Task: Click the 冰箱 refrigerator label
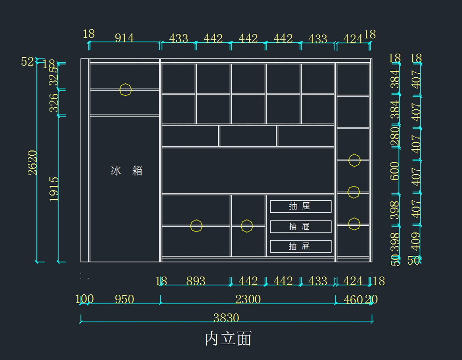tap(127, 170)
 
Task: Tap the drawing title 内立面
tap(228, 338)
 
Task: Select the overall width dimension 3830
tap(226, 318)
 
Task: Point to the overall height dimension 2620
tap(33, 162)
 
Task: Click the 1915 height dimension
tap(54, 189)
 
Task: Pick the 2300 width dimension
tap(248, 299)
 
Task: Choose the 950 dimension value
tap(124, 299)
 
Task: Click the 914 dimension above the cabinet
tap(124, 38)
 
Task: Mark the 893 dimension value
tap(196, 281)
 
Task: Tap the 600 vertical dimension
tap(395, 171)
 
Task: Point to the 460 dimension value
tap(353, 299)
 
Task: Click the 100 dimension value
tap(84, 299)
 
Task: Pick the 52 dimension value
tap(27, 62)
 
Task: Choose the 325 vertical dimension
tap(54, 76)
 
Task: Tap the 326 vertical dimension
tap(54, 102)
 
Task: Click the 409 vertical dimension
tap(416, 241)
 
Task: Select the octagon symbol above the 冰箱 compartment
tap(126, 90)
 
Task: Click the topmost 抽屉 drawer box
tap(300, 207)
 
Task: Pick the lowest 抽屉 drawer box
tap(300, 246)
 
